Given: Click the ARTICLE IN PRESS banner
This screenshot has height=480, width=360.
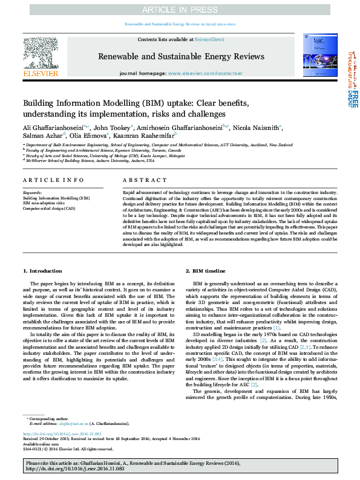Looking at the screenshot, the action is coord(180,9).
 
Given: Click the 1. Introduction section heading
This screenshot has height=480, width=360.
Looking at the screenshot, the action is coord(42,271).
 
